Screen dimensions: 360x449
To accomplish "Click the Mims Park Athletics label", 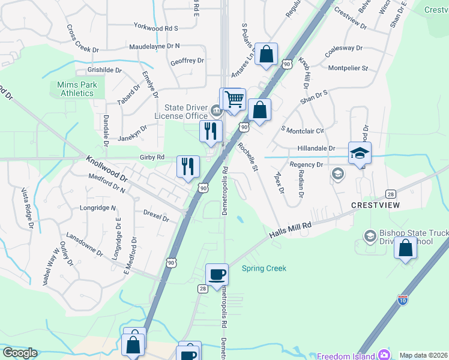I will click(x=76, y=89).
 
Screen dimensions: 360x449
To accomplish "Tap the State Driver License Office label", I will click(x=181, y=112).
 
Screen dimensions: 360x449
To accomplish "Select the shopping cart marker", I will click(x=234, y=99).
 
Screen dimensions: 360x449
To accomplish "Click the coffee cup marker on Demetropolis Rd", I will click(x=217, y=275).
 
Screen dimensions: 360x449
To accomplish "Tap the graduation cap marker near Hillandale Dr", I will click(x=360, y=153).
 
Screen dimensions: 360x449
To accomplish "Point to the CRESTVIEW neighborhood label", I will click(x=375, y=205).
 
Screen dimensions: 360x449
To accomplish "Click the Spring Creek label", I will click(x=264, y=269).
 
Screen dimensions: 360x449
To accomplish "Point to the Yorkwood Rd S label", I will click(x=156, y=28).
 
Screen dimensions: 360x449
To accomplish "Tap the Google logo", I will click(x=20, y=353).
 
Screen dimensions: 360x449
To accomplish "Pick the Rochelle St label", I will click(x=247, y=157).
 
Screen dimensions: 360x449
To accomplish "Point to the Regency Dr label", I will click(x=306, y=164).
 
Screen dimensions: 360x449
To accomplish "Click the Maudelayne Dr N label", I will click(x=154, y=46).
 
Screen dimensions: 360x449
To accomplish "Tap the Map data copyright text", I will click(x=423, y=355).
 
